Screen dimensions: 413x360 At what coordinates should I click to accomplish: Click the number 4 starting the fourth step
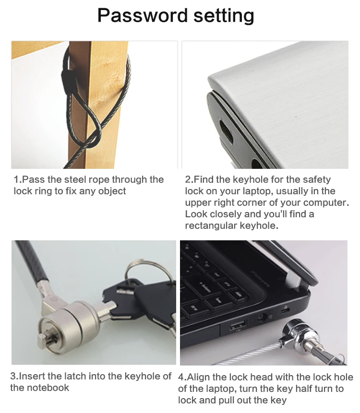[181, 377]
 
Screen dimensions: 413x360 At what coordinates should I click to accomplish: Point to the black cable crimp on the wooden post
[71, 75]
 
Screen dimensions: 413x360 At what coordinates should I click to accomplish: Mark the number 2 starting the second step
[188, 180]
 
